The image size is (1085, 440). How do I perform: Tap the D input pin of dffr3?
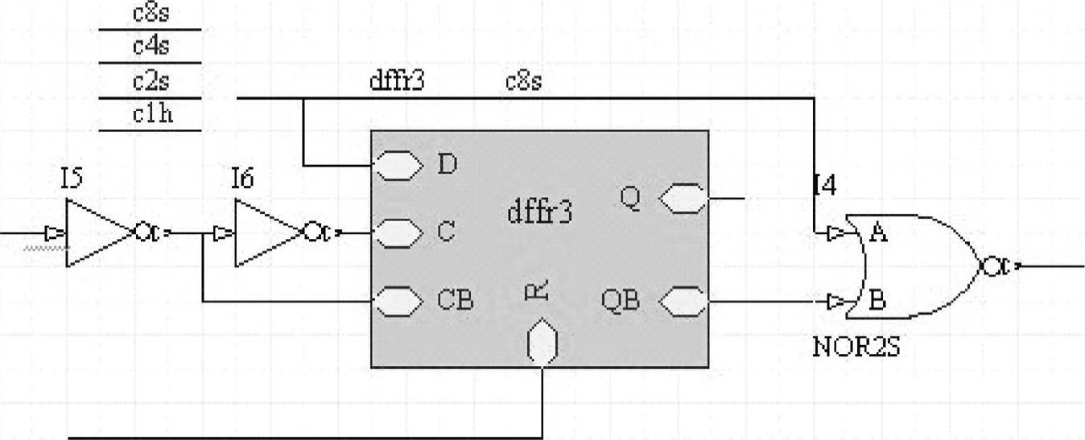(x=398, y=167)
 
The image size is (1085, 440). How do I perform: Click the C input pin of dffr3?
(x=398, y=233)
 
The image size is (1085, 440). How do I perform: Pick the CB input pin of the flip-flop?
(x=398, y=302)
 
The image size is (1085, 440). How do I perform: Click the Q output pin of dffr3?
(x=683, y=198)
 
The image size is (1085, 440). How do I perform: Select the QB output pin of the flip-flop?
(x=683, y=303)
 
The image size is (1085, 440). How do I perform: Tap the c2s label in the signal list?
(x=152, y=81)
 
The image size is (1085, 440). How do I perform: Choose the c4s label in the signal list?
(x=152, y=47)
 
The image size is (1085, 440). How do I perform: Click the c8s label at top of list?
(x=152, y=13)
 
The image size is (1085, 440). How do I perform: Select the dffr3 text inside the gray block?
(x=539, y=212)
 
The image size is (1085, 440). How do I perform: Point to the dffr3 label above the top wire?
(x=396, y=81)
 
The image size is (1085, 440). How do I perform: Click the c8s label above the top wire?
(x=523, y=81)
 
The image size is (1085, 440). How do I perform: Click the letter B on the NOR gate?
(x=878, y=302)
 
